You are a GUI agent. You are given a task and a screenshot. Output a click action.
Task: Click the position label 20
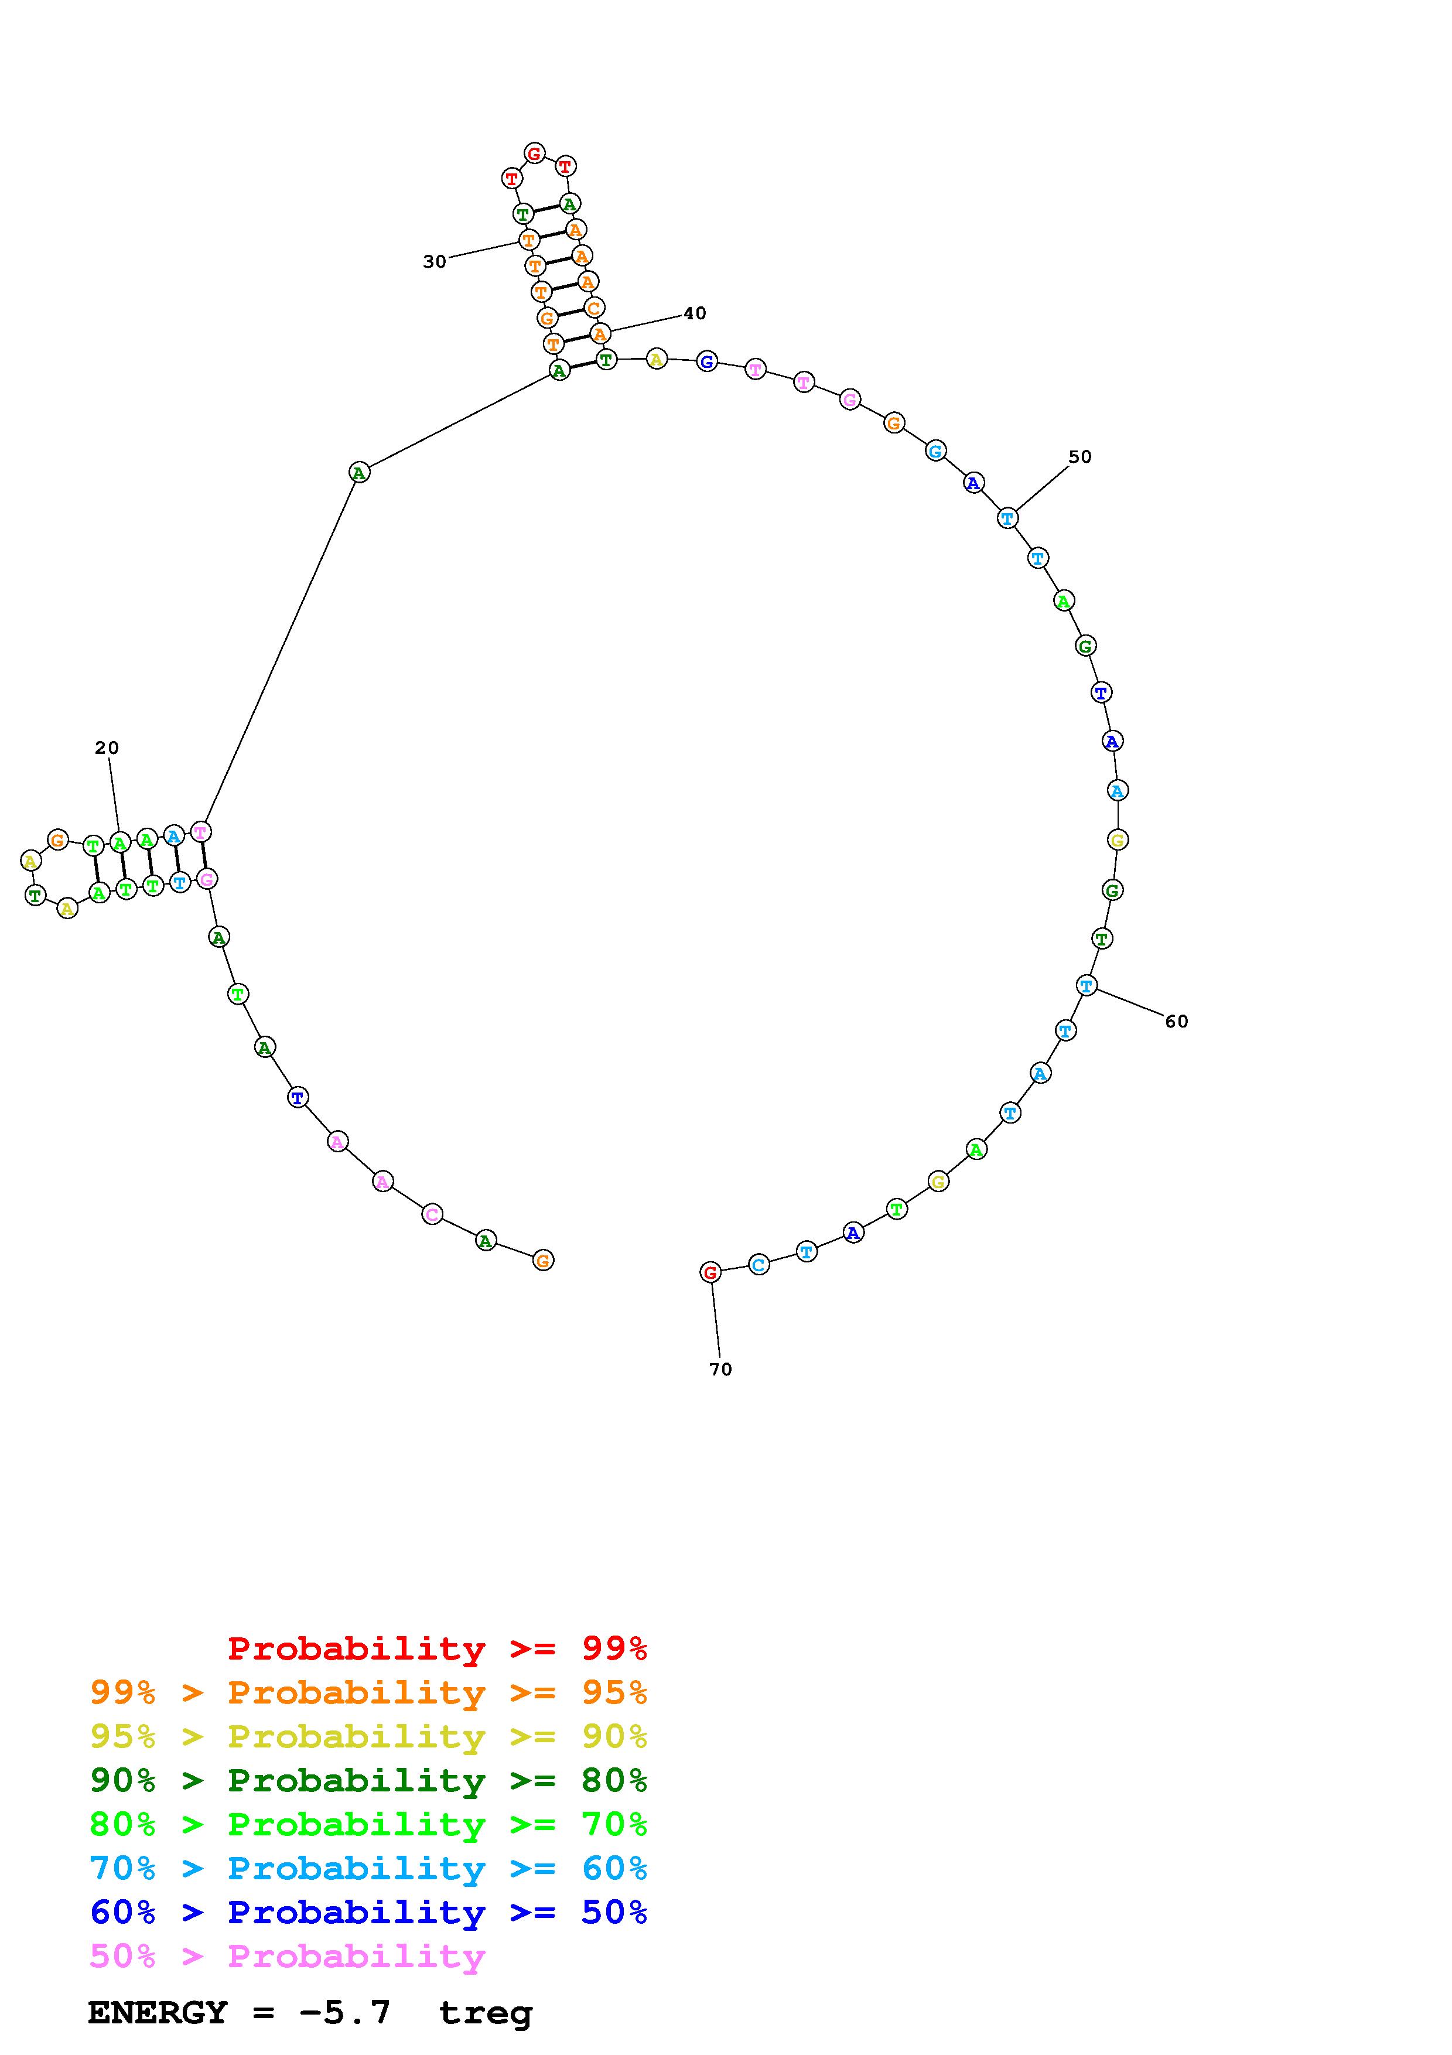pos(107,747)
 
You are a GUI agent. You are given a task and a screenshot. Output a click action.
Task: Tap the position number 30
pos(434,261)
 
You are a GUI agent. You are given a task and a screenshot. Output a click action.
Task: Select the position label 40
pos(694,313)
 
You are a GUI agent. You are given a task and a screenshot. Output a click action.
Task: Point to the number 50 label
pos(1080,456)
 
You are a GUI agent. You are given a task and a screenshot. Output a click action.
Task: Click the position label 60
pos(1177,1021)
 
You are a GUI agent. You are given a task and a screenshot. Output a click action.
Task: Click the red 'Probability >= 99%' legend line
pos(438,1648)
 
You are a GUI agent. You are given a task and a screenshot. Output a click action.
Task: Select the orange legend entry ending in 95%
pos(368,1692)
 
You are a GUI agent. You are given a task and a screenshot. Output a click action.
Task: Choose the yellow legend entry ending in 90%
pos(368,1736)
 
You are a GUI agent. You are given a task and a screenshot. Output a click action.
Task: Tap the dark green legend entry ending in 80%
pos(368,1780)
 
